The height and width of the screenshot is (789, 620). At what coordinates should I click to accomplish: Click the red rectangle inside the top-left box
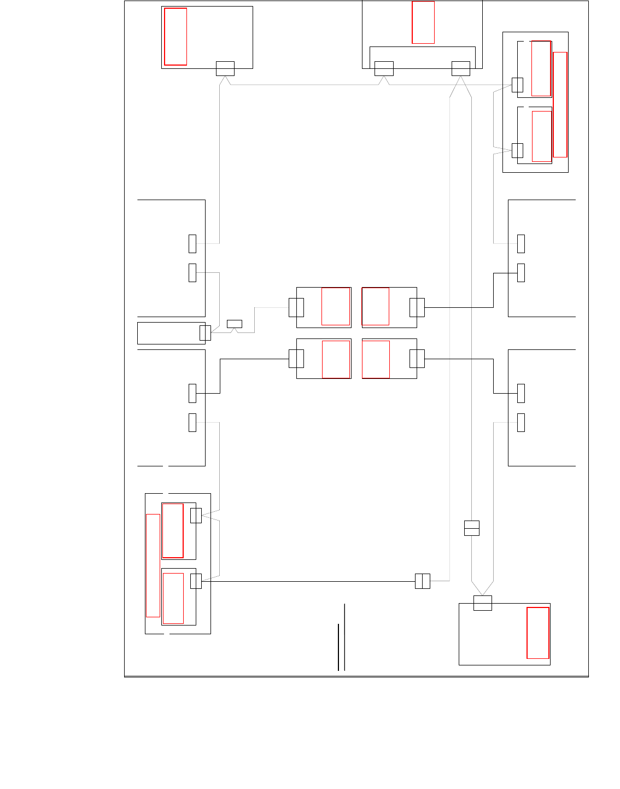[x=176, y=37]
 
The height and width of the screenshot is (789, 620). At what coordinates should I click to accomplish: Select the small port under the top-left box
[x=225, y=68]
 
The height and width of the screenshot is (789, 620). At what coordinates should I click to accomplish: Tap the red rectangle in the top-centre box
[x=423, y=22]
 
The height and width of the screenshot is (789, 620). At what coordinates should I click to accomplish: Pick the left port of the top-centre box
[x=384, y=68]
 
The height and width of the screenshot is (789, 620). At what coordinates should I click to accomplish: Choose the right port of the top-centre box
[x=461, y=68]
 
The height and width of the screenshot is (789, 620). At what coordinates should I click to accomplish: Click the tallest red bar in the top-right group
[x=560, y=104]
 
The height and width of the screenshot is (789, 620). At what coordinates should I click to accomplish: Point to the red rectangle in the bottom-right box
[x=538, y=633]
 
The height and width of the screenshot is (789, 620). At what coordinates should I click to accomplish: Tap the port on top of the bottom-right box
[x=483, y=603]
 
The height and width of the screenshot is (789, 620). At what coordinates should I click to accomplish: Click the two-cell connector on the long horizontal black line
[x=423, y=581]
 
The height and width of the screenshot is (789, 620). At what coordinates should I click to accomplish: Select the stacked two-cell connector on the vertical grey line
[x=472, y=528]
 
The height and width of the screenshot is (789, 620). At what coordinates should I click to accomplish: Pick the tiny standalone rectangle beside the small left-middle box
[x=235, y=324]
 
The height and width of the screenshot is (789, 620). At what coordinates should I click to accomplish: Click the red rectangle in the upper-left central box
[x=336, y=306]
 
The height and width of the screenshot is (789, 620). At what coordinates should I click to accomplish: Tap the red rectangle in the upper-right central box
[x=376, y=306]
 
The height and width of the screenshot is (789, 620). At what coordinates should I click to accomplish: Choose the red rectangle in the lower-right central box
[x=376, y=359]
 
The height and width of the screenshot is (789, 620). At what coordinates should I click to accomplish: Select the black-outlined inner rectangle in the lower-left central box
[x=336, y=359]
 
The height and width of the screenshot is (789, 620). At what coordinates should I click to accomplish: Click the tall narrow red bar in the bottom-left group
[x=153, y=565]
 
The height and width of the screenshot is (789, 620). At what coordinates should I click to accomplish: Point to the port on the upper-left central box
[x=296, y=307]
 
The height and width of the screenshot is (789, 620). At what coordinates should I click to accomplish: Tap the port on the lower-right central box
[x=417, y=359]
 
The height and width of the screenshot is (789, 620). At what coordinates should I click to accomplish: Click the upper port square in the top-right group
[x=517, y=85]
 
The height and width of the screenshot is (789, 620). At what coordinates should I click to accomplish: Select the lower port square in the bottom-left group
[x=196, y=581]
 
